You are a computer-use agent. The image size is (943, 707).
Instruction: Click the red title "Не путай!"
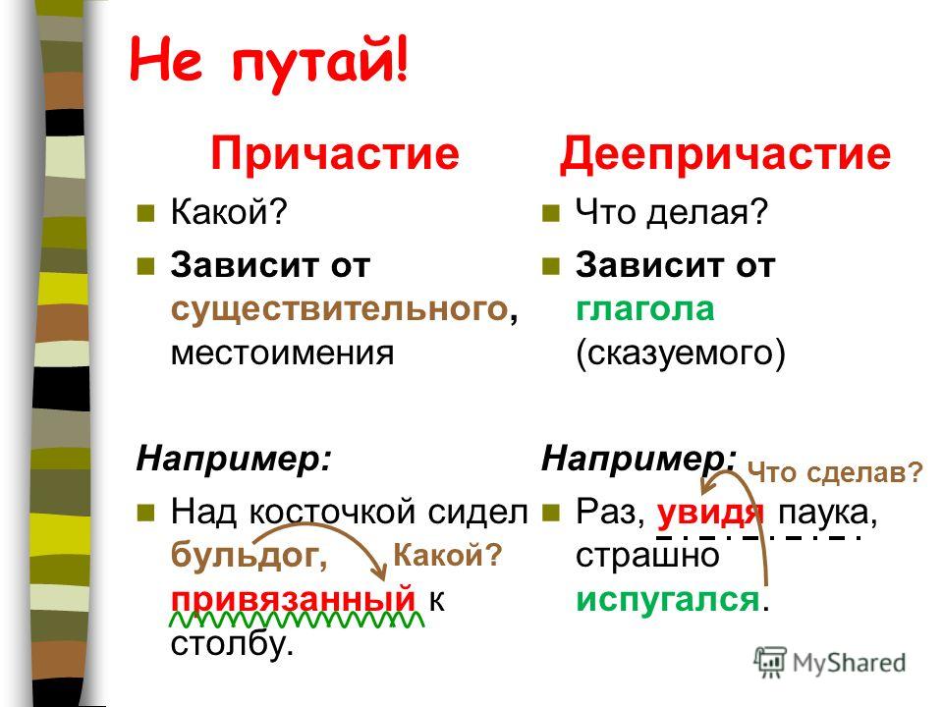(x=269, y=62)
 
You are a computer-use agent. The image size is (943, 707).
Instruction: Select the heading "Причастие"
(x=335, y=154)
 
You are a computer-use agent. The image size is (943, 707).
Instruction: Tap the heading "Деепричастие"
(x=725, y=154)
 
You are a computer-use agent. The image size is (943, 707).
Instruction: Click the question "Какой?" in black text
(x=230, y=212)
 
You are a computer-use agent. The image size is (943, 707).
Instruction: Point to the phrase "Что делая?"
(x=672, y=212)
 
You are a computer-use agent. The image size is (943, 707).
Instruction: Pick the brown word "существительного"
(x=340, y=310)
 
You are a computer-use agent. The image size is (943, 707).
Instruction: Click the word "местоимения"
(x=282, y=353)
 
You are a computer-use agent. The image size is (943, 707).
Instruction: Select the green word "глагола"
(x=644, y=309)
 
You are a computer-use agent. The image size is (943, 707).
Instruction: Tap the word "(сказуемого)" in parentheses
(x=680, y=354)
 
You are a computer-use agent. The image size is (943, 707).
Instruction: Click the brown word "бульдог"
(x=245, y=555)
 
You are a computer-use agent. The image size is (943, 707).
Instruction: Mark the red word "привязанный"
(x=293, y=599)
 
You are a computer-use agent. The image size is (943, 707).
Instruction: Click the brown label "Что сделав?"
(x=835, y=472)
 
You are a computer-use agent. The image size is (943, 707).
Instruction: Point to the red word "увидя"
(x=710, y=514)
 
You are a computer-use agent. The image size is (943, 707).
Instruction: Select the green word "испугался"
(x=668, y=599)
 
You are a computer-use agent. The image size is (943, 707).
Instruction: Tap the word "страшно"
(x=647, y=556)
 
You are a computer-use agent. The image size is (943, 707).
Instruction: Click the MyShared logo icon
(x=770, y=663)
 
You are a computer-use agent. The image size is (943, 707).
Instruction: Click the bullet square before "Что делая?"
(x=551, y=213)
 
